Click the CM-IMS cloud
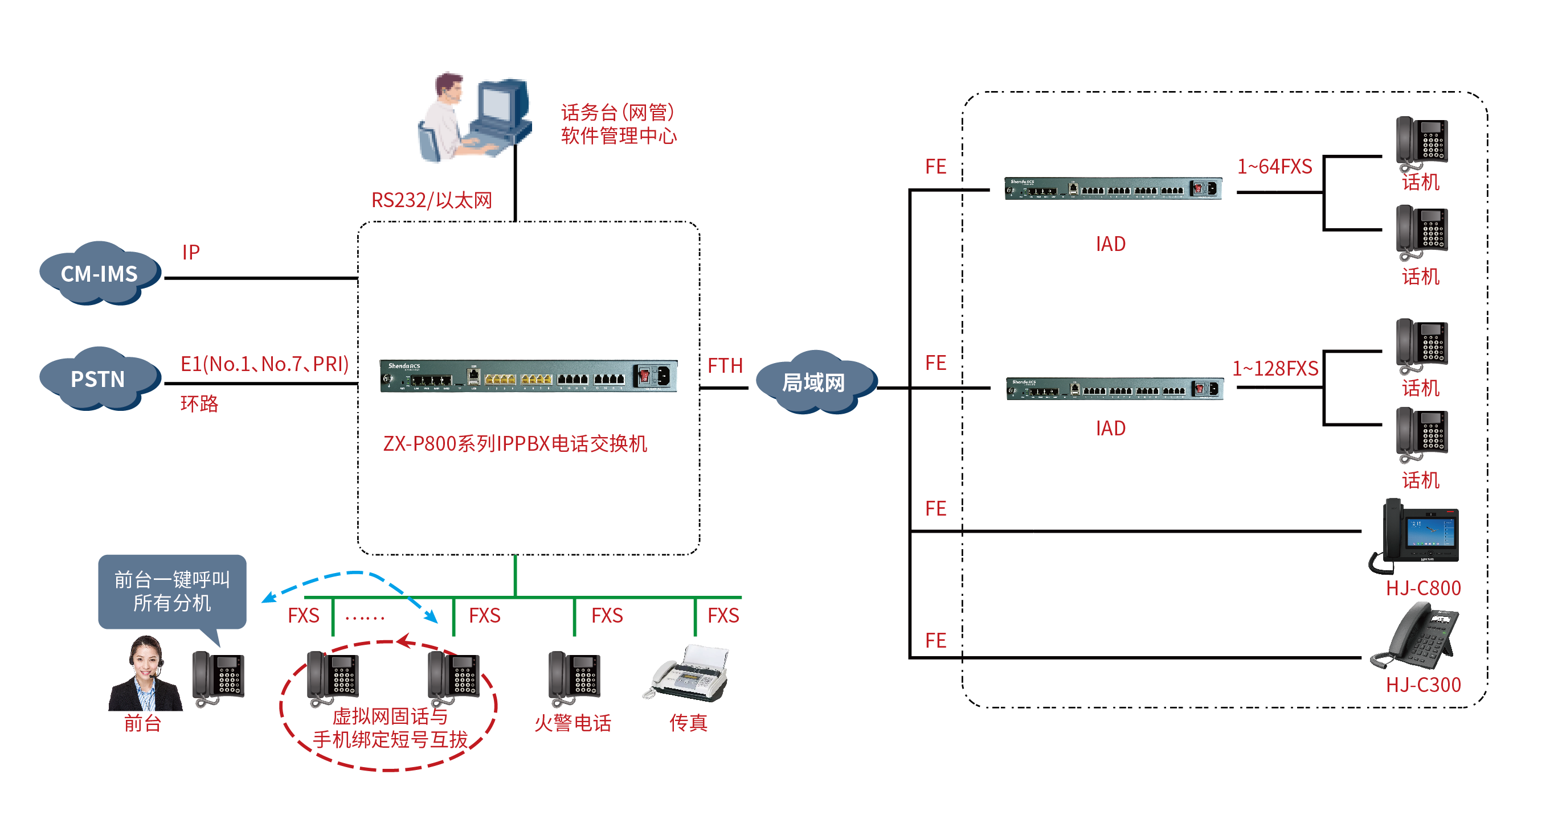(x=100, y=274)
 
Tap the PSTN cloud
(x=98, y=380)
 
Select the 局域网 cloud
(x=813, y=382)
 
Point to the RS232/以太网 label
(x=431, y=200)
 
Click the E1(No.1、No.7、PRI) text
(x=264, y=364)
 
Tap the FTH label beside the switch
(x=725, y=365)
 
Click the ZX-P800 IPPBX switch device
(x=528, y=376)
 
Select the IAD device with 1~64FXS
(x=1113, y=188)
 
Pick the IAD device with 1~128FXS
(x=1114, y=389)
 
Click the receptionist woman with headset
(x=145, y=676)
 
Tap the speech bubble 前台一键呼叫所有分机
(x=172, y=591)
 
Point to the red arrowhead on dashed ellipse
(x=404, y=641)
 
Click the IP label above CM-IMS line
(x=190, y=252)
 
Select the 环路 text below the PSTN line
(x=199, y=403)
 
